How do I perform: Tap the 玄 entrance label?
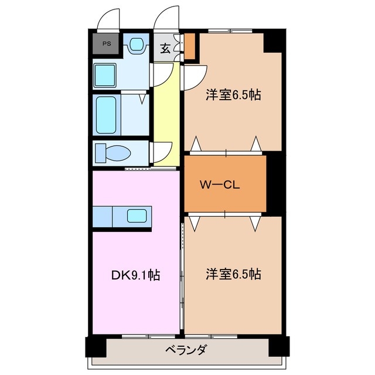click(x=165, y=49)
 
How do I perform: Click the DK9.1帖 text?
click(x=135, y=274)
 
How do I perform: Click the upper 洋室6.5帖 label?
click(x=233, y=96)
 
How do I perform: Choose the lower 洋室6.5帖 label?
click(x=233, y=274)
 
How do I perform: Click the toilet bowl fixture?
click(x=114, y=152)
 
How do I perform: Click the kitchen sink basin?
click(x=138, y=216)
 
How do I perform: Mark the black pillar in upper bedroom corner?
click(x=272, y=41)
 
